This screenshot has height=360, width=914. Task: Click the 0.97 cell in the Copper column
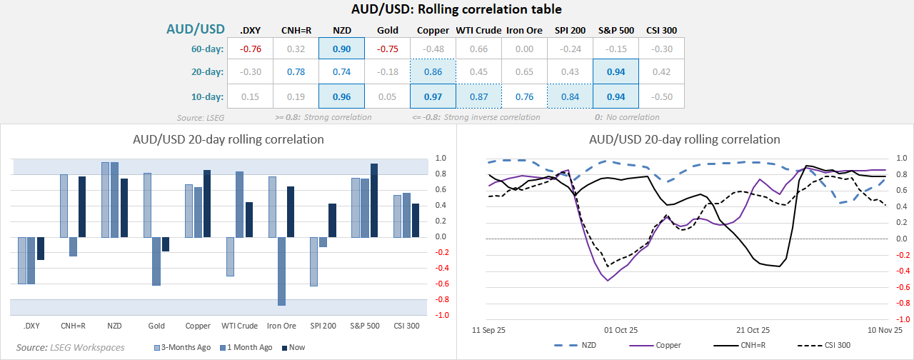[x=433, y=96]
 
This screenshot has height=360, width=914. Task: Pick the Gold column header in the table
[x=387, y=30]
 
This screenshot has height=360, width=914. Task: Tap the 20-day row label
[x=206, y=72]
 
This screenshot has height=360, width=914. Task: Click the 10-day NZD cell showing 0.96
[x=341, y=96]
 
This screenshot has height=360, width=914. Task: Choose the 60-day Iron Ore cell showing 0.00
[x=524, y=49]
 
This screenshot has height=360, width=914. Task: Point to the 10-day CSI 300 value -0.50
[x=661, y=96]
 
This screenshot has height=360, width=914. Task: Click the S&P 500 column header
[x=616, y=30]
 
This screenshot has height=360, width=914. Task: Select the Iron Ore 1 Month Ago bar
[x=281, y=271]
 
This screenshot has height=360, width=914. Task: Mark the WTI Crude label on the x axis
[x=239, y=326]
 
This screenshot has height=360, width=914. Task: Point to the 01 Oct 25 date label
[x=621, y=331]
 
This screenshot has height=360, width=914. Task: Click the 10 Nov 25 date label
[x=885, y=331]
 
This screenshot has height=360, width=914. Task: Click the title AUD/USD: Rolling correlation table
[x=456, y=9]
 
